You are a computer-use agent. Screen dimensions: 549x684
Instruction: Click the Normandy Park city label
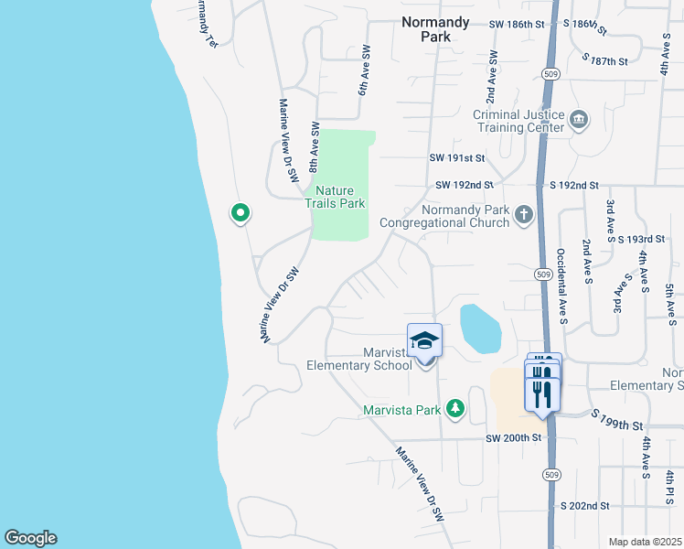click(435, 29)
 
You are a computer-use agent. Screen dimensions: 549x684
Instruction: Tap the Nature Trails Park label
click(335, 197)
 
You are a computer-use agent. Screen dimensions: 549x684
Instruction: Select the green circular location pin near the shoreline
click(240, 214)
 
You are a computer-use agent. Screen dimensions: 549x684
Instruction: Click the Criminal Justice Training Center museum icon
click(578, 120)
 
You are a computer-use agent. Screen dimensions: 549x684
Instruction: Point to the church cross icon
click(523, 216)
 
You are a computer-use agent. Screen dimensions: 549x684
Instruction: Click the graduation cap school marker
click(424, 342)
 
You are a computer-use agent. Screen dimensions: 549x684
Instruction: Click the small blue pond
click(480, 328)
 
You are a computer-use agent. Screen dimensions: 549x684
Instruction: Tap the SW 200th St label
click(514, 438)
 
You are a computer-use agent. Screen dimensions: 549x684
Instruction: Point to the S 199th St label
click(618, 426)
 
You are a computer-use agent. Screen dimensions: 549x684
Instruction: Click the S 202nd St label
click(584, 505)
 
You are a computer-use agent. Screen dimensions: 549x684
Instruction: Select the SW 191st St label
click(457, 157)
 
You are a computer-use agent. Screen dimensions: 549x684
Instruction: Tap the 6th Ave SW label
click(363, 77)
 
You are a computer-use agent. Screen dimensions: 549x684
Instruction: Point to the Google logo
click(30, 538)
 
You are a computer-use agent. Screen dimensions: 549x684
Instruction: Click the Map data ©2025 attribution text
click(645, 542)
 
